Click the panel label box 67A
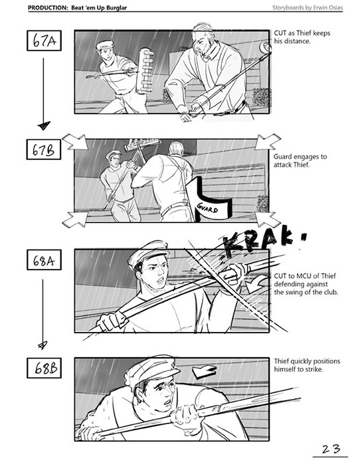tap(44, 40)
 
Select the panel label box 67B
tap(44, 149)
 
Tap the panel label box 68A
tap(44, 260)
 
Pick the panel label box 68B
tap(44, 368)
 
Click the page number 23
tap(331, 449)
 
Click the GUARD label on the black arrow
tap(207, 208)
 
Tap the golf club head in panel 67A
tap(265, 47)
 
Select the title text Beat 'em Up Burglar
tap(99, 8)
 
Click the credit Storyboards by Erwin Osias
tap(308, 7)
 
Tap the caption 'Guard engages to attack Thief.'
tap(300, 161)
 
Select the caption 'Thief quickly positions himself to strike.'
tap(307, 365)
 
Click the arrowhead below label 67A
tap(44, 125)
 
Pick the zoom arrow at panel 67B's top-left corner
tap(75, 142)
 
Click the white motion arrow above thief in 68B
tap(205, 372)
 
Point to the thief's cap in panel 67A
tap(105, 45)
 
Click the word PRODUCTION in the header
tap(48, 8)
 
